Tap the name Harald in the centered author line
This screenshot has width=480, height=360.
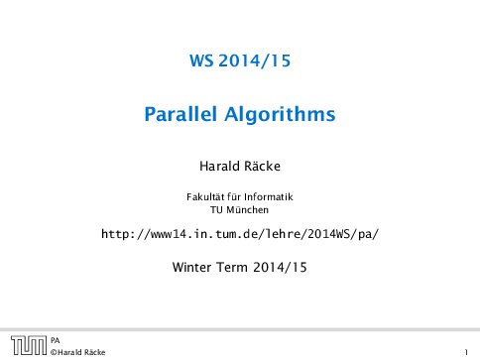tap(221, 162)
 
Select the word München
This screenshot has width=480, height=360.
tap(248, 209)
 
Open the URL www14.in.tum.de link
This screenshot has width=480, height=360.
tap(241, 235)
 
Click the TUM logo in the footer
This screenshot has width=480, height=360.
tap(25, 345)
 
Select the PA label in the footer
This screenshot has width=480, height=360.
tap(56, 339)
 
